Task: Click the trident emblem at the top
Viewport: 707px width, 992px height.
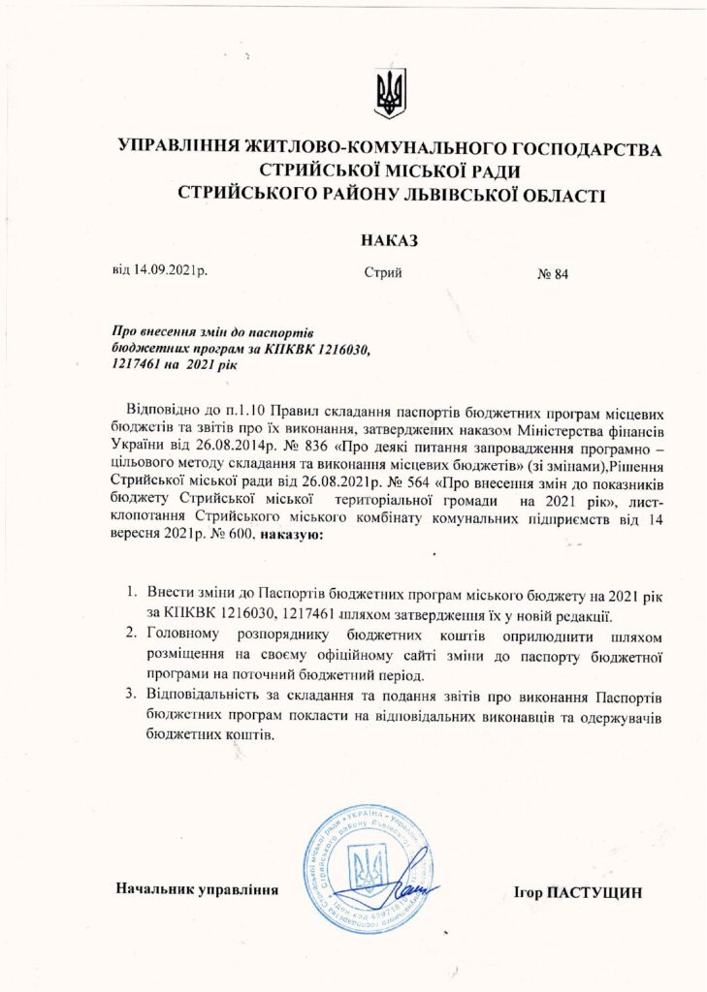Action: tap(390, 93)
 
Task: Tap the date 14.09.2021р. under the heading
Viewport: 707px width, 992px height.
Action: tap(160, 272)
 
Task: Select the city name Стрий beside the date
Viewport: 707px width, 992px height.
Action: tap(383, 273)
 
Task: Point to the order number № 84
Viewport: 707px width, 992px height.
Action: tap(552, 274)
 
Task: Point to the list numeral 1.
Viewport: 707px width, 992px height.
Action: tap(132, 591)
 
